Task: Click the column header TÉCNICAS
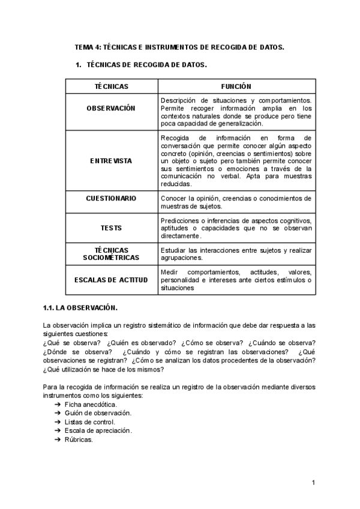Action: pyautogui.click(x=112, y=86)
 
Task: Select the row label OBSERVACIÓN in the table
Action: pyautogui.click(x=112, y=108)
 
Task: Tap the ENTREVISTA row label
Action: pyautogui.click(x=112, y=161)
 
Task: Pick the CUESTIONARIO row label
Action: pyautogui.click(x=112, y=198)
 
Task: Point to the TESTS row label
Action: pyautogui.click(x=112, y=228)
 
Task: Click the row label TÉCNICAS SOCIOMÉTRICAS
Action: pyautogui.click(x=112, y=253)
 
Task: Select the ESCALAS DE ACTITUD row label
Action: pyautogui.click(x=112, y=280)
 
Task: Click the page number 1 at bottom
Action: pyautogui.click(x=314, y=483)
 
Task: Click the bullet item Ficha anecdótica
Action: pyautogui.click(x=91, y=405)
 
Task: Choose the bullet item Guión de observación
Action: pyautogui.click(x=98, y=413)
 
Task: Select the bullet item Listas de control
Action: pyautogui.click(x=89, y=421)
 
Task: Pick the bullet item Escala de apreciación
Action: pyautogui.click(x=98, y=430)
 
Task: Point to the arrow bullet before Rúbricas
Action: pyautogui.click(x=58, y=439)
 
